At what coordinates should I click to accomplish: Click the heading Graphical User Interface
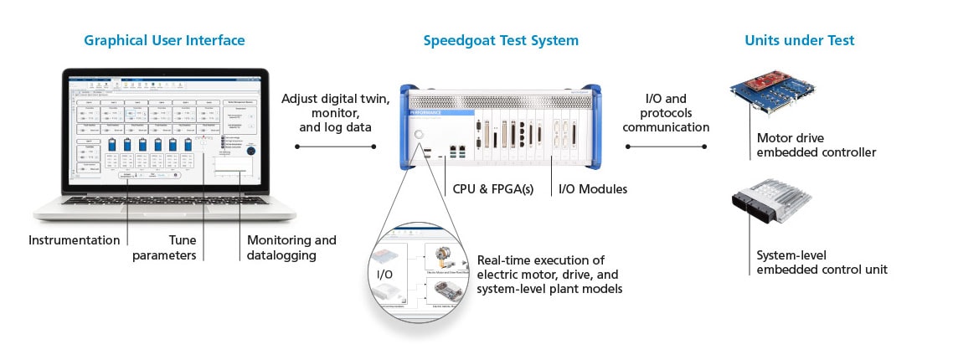pyautogui.click(x=164, y=40)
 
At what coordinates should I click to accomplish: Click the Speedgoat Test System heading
pyautogui.click(x=501, y=40)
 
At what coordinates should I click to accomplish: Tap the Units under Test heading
pyautogui.click(x=800, y=40)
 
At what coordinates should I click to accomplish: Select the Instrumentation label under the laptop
pyautogui.click(x=75, y=240)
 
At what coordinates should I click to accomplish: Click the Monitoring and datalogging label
pyautogui.click(x=291, y=247)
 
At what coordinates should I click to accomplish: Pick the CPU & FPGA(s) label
pyautogui.click(x=495, y=188)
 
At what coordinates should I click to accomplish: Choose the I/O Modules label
pyautogui.click(x=593, y=188)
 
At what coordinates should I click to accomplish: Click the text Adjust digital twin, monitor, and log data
pyautogui.click(x=335, y=113)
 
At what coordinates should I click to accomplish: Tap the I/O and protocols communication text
pyautogui.click(x=666, y=113)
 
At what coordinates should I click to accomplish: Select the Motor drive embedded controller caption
pyautogui.click(x=804, y=146)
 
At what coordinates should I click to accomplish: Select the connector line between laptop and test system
pyautogui.click(x=335, y=147)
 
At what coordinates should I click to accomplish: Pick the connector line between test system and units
pyautogui.click(x=666, y=147)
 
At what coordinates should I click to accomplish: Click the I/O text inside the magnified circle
pyautogui.click(x=384, y=273)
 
